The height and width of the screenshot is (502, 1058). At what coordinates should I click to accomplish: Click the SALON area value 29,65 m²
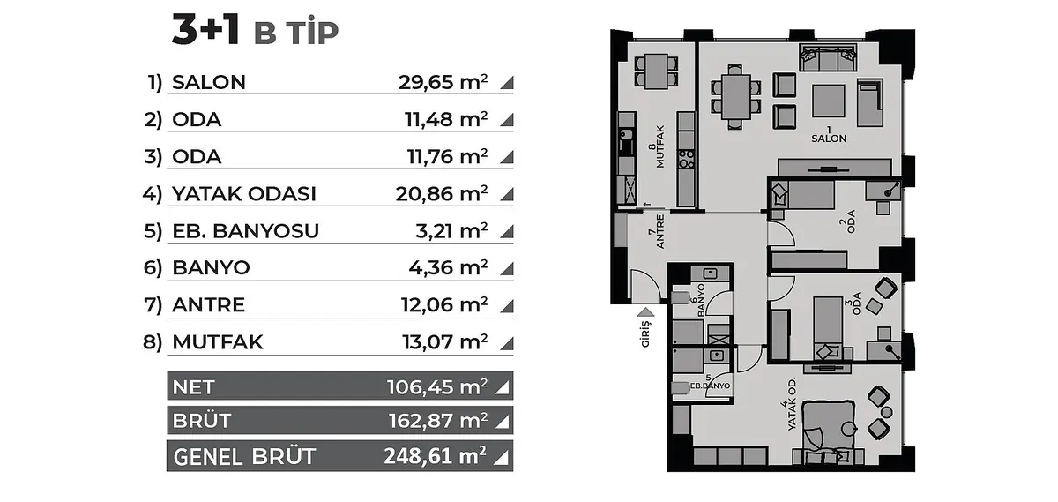443,82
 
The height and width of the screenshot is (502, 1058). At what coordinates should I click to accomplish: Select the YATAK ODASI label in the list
243,194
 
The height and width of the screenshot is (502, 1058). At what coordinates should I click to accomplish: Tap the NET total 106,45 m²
437,386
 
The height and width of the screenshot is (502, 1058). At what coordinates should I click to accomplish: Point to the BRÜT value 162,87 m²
438,420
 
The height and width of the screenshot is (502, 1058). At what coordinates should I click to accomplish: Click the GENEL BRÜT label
244,457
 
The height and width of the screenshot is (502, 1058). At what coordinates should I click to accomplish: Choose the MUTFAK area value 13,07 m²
444,341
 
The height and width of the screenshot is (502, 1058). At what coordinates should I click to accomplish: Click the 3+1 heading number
205,29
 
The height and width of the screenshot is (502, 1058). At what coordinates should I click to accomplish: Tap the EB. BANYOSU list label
246,230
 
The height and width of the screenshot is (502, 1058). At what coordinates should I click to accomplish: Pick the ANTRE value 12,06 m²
444,305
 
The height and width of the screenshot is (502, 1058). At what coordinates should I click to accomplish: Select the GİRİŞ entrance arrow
645,312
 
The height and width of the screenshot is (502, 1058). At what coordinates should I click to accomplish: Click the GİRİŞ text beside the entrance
645,333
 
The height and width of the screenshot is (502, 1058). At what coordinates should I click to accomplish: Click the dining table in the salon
736,97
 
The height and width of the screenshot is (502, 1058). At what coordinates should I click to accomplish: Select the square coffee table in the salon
829,101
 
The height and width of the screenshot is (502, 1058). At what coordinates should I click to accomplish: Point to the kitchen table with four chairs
656,71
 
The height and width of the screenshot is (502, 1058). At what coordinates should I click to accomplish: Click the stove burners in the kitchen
686,159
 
